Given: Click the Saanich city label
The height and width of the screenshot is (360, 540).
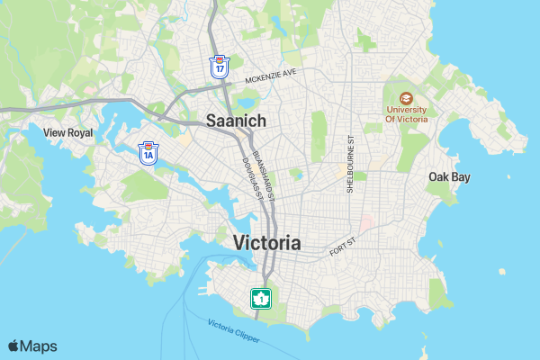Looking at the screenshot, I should pos(237,120).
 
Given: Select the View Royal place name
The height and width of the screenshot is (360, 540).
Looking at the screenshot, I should pos(67,132).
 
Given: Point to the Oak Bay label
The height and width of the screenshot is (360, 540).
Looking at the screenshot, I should pos(449,177).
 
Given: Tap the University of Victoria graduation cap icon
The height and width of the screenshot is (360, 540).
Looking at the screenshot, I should pos(406,97).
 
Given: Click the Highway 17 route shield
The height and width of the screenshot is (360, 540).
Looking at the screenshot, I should pos(219,66).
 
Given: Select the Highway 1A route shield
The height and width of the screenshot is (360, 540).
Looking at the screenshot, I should pos(148,153).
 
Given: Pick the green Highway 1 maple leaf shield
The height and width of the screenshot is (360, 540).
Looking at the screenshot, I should pos(261,298).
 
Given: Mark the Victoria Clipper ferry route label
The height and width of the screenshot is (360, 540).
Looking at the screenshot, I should pos(233,330).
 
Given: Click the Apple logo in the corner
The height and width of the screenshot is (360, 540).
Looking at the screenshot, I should pos(14,346).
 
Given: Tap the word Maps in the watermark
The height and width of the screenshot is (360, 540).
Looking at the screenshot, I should pos(39,346).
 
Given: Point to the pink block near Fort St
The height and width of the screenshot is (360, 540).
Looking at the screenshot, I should pos(366,221).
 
